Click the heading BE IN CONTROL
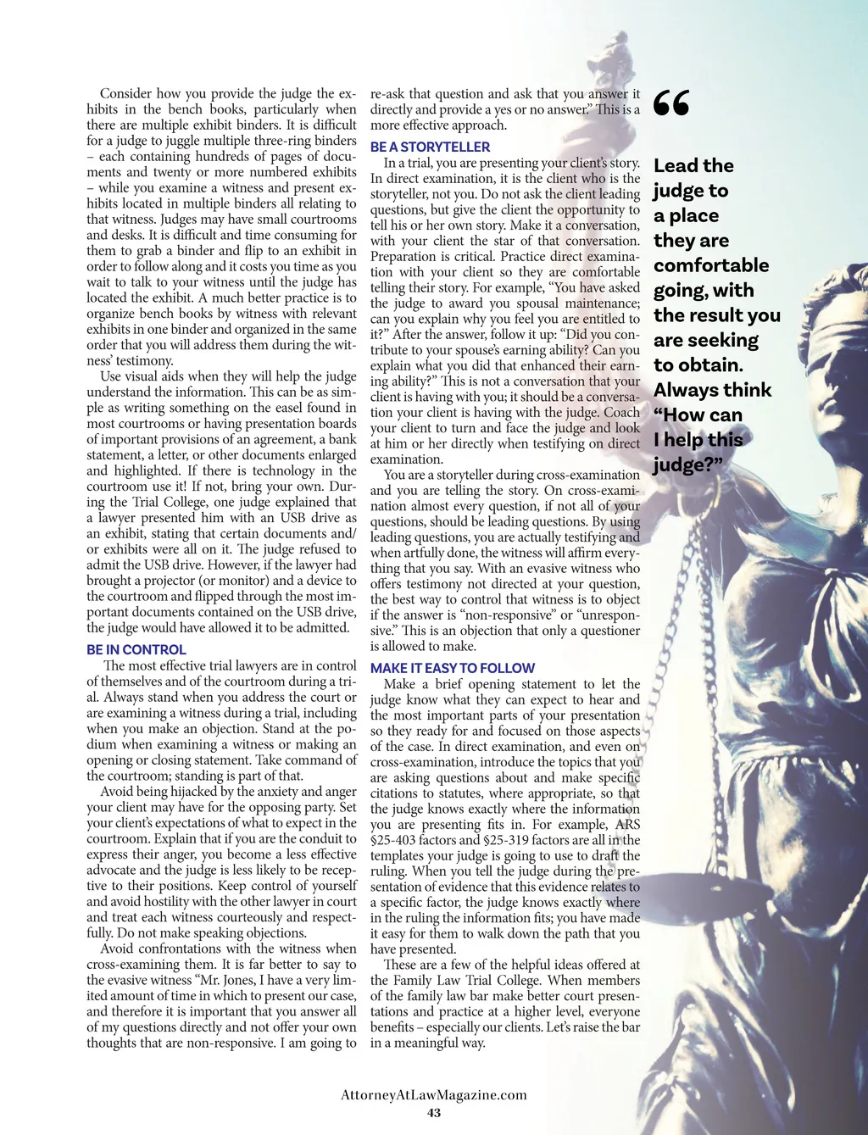coord(136,650)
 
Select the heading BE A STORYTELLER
coord(430,147)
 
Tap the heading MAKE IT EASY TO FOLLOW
coord(453,668)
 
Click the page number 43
coord(434,1113)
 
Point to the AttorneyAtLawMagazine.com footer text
coord(434,1094)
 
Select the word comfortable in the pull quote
coord(711,265)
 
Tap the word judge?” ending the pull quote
coord(687,465)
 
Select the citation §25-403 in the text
coord(397,841)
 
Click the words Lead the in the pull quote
coord(693,166)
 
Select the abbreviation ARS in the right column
coord(627,825)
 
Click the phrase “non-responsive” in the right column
coord(510,615)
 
